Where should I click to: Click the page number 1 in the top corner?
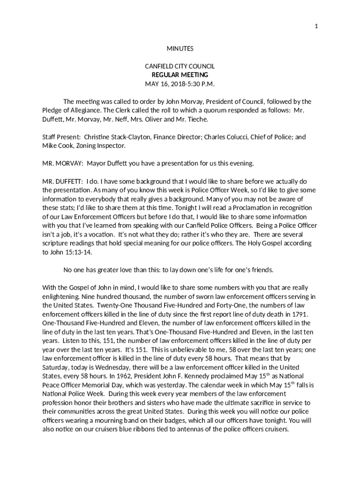click(x=317, y=26)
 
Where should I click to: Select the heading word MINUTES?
click(x=180, y=49)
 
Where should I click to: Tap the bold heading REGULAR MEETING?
click(x=180, y=75)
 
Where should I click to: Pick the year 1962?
click(x=84, y=376)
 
